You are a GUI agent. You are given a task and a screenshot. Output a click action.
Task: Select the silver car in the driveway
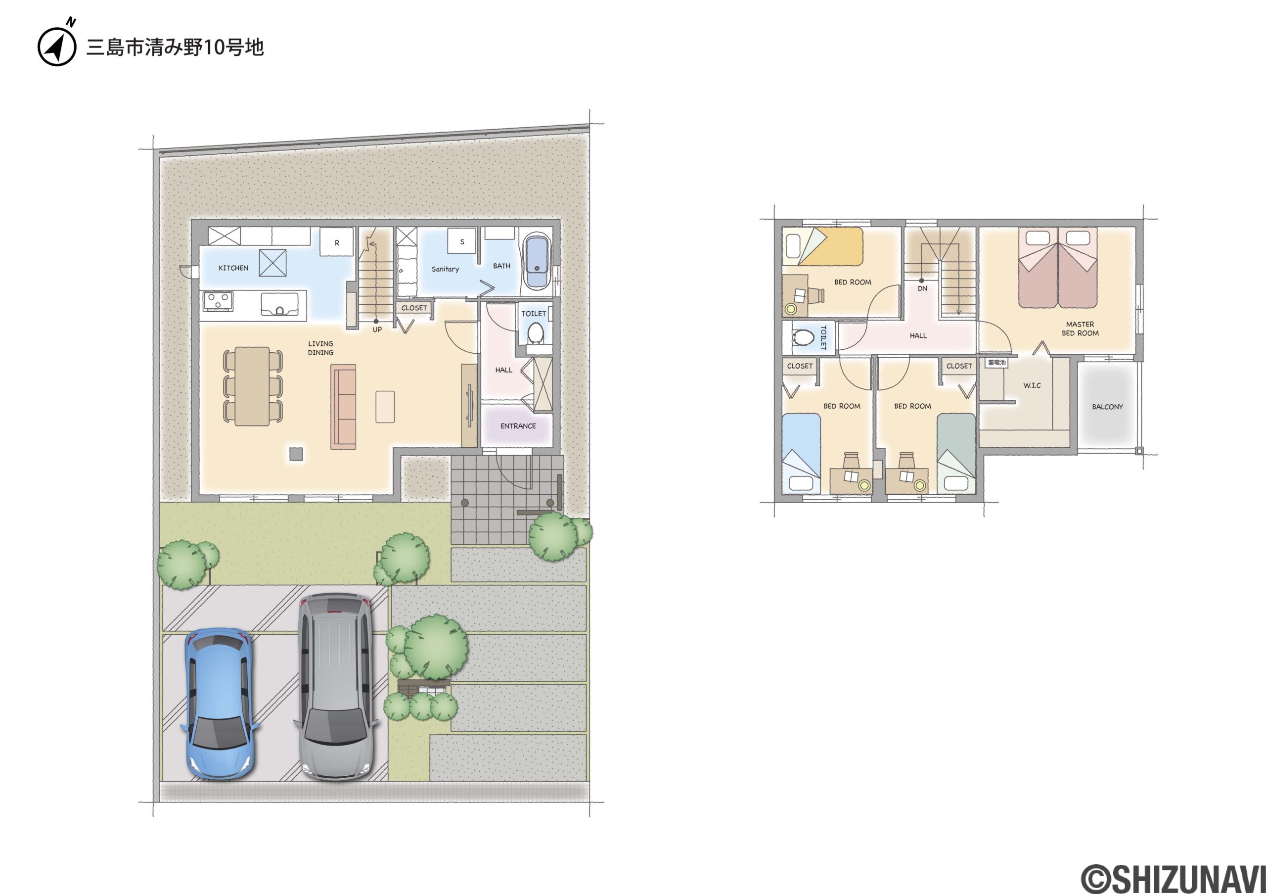pyautogui.click(x=336, y=687)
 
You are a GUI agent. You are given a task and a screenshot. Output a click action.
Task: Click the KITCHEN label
pyautogui.click(x=233, y=268)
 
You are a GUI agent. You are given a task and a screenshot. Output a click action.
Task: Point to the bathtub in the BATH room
pyautogui.click(x=536, y=262)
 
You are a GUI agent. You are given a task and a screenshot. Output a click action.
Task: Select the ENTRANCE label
pyautogui.click(x=518, y=426)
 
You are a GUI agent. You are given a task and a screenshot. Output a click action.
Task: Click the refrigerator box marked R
pyautogui.click(x=337, y=242)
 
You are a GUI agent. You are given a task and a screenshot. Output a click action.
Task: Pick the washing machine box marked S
pyautogui.click(x=462, y=241)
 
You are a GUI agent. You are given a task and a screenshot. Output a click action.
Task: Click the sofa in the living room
pyautogui.click(x=343, y=407)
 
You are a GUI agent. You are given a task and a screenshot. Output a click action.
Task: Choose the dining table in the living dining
pyautogui.click(x=253, y=386)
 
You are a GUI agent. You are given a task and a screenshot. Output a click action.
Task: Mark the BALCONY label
pyautogui.click(x=1107, y=407)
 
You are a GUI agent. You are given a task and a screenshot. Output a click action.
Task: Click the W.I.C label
pyautogui.click(x=1032, y=385)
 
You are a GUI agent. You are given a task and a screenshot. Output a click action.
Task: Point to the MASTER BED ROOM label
pyautogui.click(x=1080, y=329)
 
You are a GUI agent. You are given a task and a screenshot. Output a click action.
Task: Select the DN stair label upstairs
pyautogui.click(x=922, y=288)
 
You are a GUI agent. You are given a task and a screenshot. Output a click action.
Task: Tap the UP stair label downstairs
pyautogui.click(x=377, y=330)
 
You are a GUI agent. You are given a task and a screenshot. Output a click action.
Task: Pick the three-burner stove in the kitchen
pyautogui.click(x=218, y=302)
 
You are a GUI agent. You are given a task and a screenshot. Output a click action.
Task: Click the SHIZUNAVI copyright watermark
pyautogui.click(x=1172, y=878)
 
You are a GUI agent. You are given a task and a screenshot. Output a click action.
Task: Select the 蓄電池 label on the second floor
pyautogui.click(x=996, y=362)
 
